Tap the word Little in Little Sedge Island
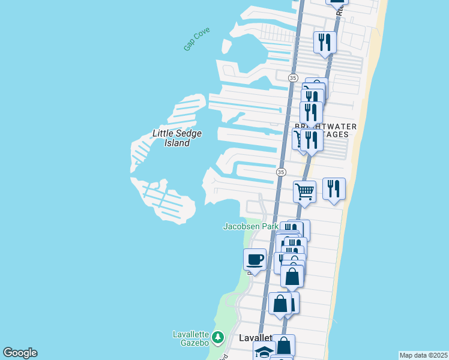pyautogui.click(x=164, y=133)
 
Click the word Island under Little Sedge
pyautogui.click(x=177, y=143)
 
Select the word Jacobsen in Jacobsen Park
pyautogui.click(x=242, y=226)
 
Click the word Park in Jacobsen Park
pyautogui.click(x=270, y=226)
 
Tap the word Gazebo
pyautogui.click(x=190, y=342)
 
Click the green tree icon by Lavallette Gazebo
pyautogui.click(x=217, y=338)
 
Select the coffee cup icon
pyautogui.click(x=255, y=259)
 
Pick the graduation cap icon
pyautogui.click(x=264, y=351)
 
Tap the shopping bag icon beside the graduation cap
pyautogui.click(x=284, y=346)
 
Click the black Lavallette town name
pyautogui.click(x=255, y=338)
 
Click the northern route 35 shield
pyautogui.click(x=292, y=78)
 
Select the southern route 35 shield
pyautogui.click(x=281, y=172)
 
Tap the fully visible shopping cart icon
pyautogui.click(x=304, y=192)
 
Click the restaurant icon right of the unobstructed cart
pyautogui.click(x=334, y=188)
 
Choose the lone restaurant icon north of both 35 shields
pyautogui.click(x=325, y=41)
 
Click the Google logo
pyautogui.click(x=20, y=353)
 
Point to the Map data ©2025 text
pyautogui.click(x=423, y=355)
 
